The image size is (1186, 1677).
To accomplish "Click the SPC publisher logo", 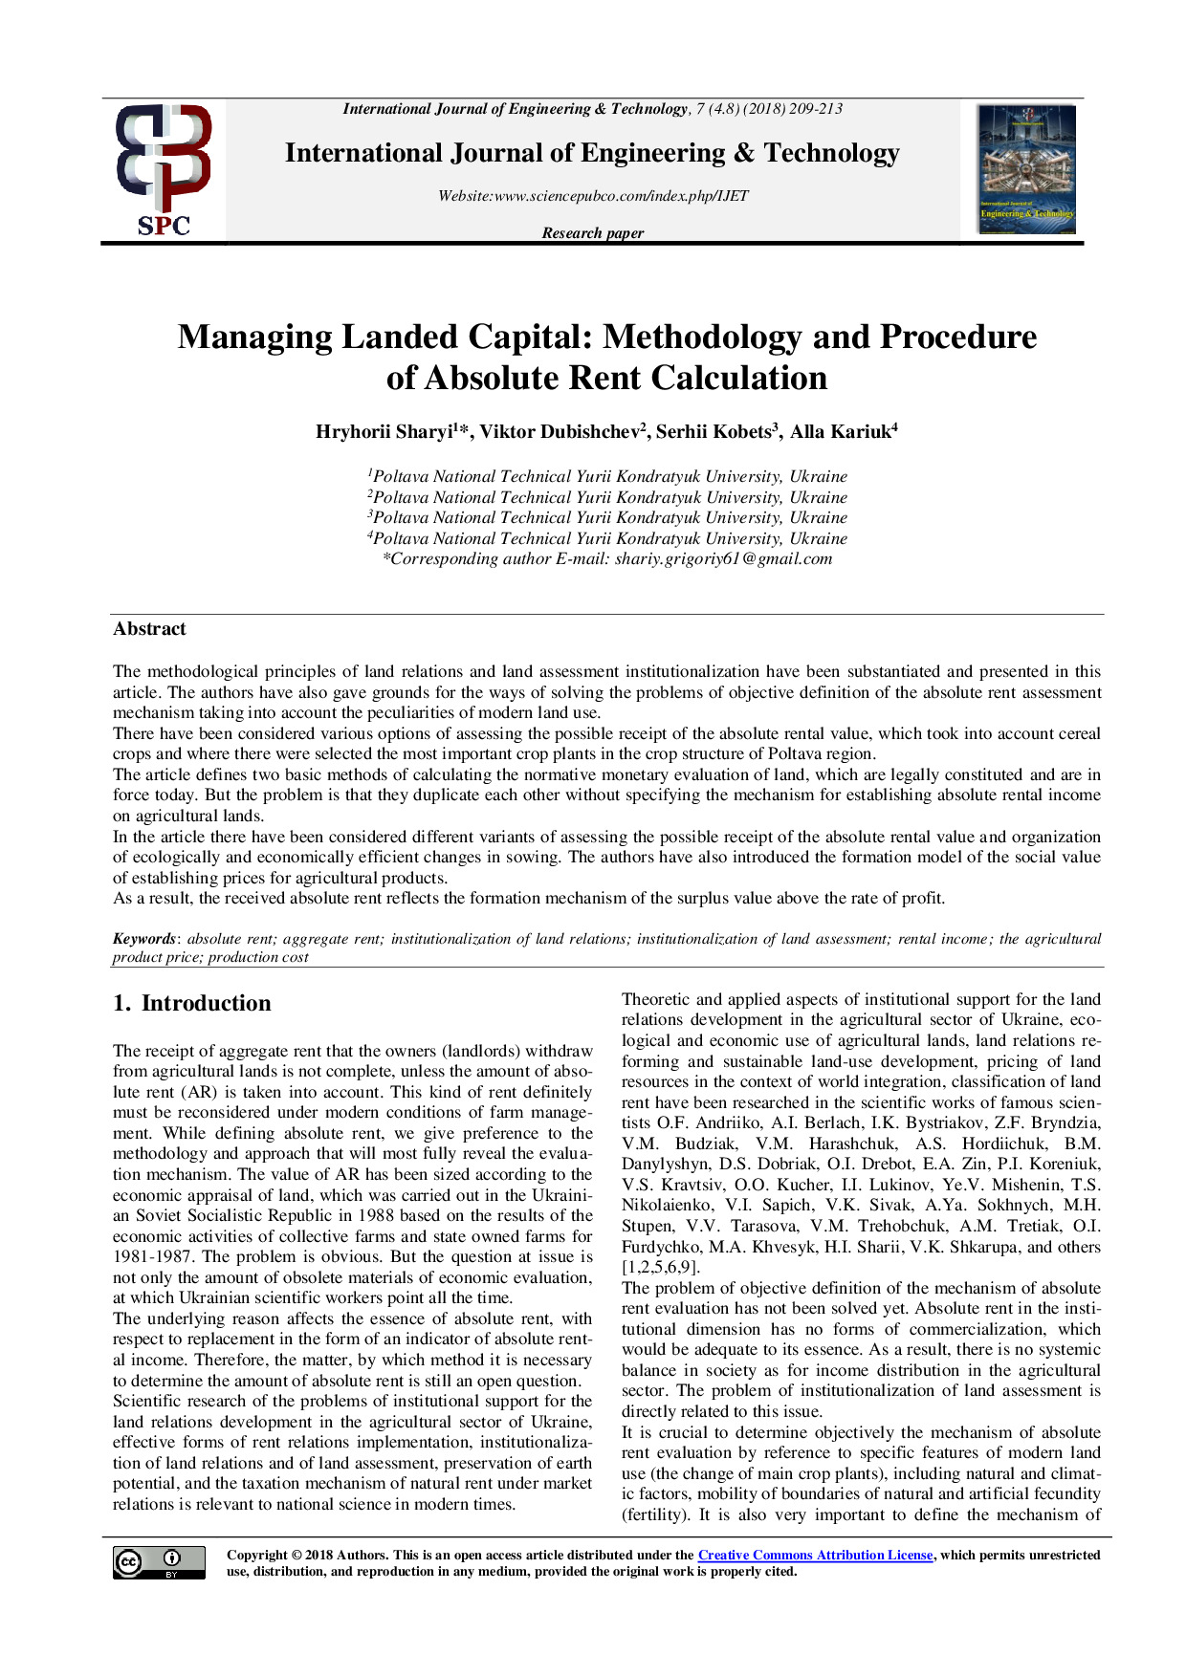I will click(x=164, y=170).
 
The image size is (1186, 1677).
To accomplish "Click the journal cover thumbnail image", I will click(x=1026, y=169).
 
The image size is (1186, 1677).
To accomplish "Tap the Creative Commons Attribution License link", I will click(x=815, y=1556).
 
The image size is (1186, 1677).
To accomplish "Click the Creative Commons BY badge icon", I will click(x=159, y=1562).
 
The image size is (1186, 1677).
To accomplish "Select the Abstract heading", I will click(x=149, y=629).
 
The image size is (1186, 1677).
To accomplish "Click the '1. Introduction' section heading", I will click(x=192, y=1003).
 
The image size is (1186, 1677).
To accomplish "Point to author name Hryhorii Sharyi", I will click(x=384, y=432).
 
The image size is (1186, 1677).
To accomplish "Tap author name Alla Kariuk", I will click(x=840, y=432).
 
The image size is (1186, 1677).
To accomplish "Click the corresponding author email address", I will click(x=723, y=559).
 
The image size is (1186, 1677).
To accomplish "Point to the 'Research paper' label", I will click(x=593, y=233).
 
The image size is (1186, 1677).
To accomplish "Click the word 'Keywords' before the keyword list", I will click(x=144, y=939).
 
